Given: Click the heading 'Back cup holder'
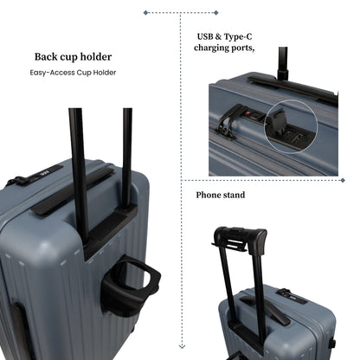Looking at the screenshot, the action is [x=73, y=57].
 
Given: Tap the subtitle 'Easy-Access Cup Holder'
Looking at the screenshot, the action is [x=73, y=73].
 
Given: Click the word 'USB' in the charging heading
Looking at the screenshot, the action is [x=205, y=36].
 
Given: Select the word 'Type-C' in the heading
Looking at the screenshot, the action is [x=238, y=36].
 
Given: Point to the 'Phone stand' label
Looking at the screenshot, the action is [x=221, y=195].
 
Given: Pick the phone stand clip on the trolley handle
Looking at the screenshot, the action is [x=232, y=241].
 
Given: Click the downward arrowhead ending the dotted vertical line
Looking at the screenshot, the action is [x=182, y=346].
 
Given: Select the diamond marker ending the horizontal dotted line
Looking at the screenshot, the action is [x=343, y=180].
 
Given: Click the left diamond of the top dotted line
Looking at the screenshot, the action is [x=145, y=13].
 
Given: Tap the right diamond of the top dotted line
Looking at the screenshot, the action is [x=216, y=13].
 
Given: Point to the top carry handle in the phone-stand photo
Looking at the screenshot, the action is [x=266, y=310].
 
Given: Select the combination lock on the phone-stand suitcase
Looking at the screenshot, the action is [x=292, y=296].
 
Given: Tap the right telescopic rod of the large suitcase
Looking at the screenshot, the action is [x=127, y=157].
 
